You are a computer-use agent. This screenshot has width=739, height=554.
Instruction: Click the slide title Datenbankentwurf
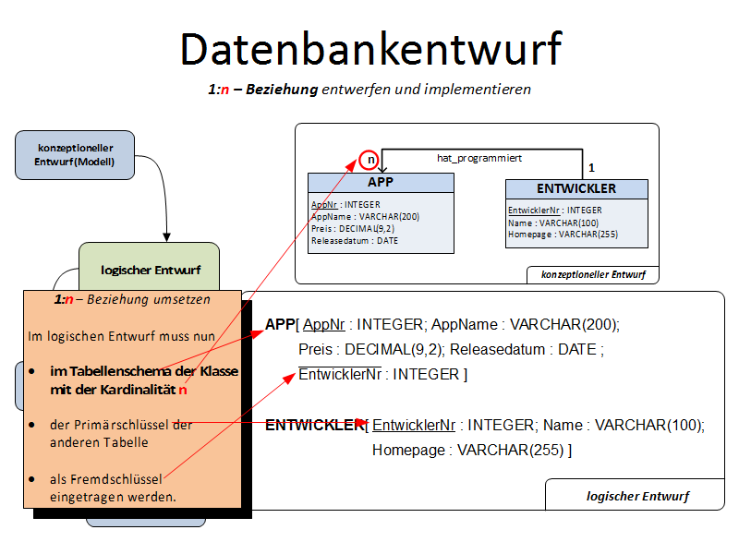pos(370,49)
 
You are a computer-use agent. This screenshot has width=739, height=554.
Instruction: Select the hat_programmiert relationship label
pos(479,159)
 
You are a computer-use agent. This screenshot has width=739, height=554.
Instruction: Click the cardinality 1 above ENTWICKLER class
pos(590,167)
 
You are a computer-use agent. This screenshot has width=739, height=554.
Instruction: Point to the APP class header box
pos(381,183)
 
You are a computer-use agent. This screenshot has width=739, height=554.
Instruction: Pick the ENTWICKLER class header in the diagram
pos(576,188)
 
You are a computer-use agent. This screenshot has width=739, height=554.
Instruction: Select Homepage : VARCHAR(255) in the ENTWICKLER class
pos(563,235)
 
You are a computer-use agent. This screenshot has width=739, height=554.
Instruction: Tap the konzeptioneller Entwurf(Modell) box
pos(74,155)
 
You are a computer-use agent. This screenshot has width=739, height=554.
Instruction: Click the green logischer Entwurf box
pos(149,270)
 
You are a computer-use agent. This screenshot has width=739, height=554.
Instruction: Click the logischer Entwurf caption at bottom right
pos(636,496)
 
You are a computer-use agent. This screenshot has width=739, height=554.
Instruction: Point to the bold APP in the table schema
pos(279,324)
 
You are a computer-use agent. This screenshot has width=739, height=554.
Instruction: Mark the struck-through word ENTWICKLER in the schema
pos(314,425)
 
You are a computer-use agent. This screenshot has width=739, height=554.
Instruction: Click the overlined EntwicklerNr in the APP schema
pos(340,375)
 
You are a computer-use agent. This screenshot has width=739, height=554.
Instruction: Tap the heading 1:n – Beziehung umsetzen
pos(132,300)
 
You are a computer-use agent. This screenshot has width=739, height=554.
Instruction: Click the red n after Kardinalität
pos(183,390)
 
